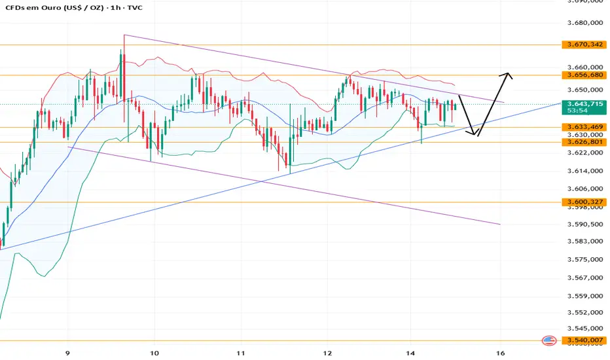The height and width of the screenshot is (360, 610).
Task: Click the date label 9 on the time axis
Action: tap(68, 352)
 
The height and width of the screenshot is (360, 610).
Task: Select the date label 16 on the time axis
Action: tap(501, 352)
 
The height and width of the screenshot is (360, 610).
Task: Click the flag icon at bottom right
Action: tap(550, 340)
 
